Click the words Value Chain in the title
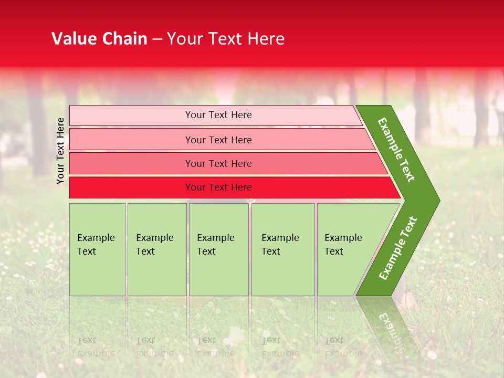(x=99, y=39)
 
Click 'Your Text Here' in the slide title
(x=226, y=39)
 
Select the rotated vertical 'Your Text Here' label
(x=60, y=151)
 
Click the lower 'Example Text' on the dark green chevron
(x=398, y=248)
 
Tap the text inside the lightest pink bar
(x=218, y=115)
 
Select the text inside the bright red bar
(x=218, y=187)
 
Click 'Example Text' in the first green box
(x=96, y=244)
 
